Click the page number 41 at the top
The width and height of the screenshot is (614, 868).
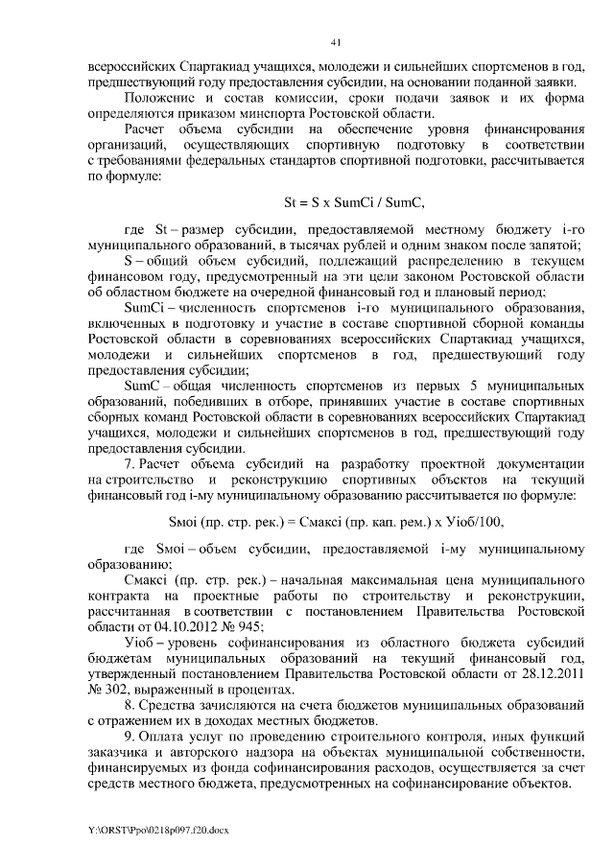tap(335, 41)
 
